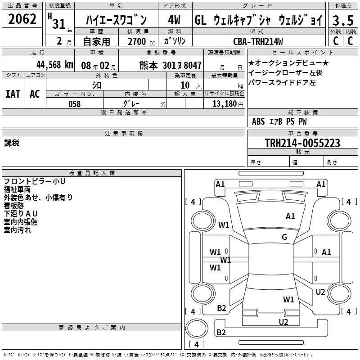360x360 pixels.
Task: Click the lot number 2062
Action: point(22,19)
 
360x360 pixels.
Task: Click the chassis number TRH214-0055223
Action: point(302,143)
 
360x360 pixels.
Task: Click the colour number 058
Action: point(74,103)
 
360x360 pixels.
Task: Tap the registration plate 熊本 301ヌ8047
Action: point(170,65)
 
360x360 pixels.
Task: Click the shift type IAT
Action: point(13,94)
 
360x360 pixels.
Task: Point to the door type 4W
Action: point(174,20)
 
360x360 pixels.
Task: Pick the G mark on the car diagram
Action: point(284,237)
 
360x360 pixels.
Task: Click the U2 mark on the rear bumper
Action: point(283,321)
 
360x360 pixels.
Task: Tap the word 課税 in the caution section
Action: point(12,143)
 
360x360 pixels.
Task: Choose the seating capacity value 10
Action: point(184,85)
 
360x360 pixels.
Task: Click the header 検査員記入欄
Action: point(92,173)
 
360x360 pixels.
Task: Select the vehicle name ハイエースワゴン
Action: point(116,20)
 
